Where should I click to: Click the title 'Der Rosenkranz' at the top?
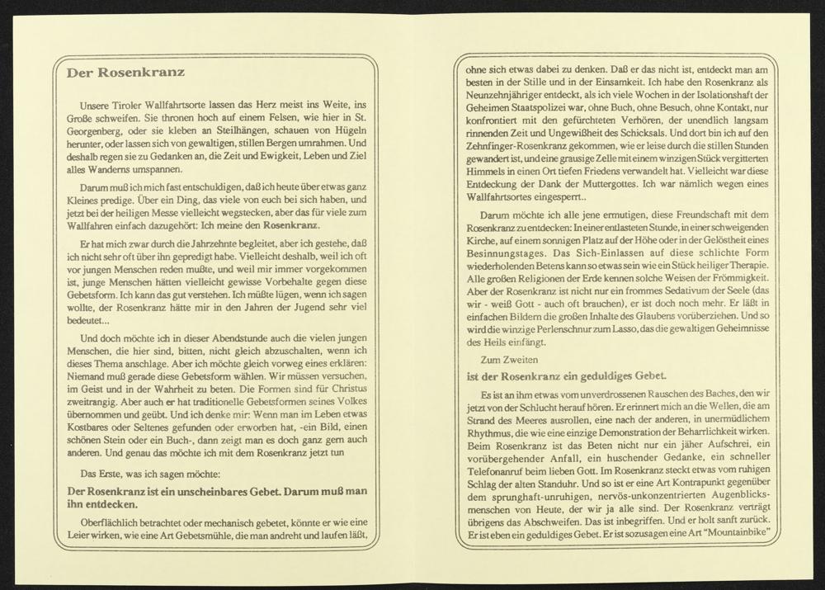(126, 72)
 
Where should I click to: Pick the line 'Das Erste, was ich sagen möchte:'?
(139, 474)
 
